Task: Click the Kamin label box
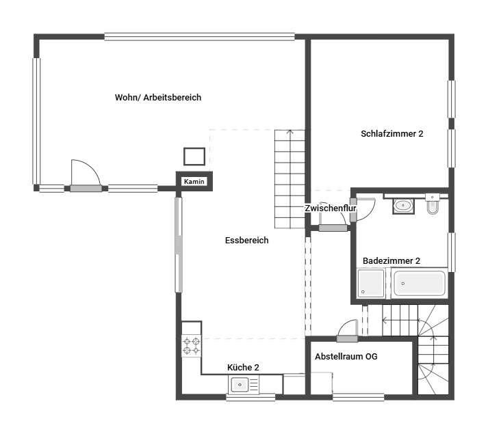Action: point(194,181)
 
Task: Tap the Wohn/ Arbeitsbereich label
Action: point(158,97)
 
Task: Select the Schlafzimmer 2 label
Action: point(391,134)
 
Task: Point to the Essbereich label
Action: point(247,240)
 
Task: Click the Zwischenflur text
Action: point(330,208)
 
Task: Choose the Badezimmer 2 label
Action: point(391,260)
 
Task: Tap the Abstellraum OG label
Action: point(346,356)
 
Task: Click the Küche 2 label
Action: point(243,368)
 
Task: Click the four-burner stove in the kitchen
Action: point(192,346)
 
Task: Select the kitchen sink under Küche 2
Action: point(244,385)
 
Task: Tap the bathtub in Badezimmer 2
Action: point(420,284)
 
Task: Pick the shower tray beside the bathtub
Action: point(371,284)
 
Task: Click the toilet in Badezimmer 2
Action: point(433,204)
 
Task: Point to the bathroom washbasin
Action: point(403,206)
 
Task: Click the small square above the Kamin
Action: point(194,157)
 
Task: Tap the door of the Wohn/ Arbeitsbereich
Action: point(86,188)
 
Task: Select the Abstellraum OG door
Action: point(347,338)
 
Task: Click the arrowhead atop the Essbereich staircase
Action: point(290,132)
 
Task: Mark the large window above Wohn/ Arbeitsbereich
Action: point(199,37)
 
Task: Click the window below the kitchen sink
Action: point(251,397)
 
